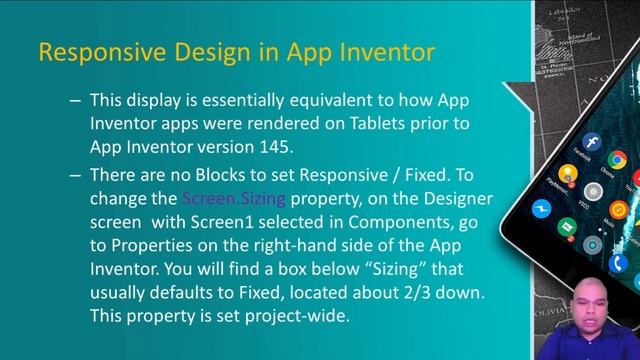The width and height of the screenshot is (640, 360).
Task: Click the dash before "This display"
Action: coord(75,100)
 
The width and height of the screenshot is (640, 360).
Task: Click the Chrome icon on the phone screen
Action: coord(617,159)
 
